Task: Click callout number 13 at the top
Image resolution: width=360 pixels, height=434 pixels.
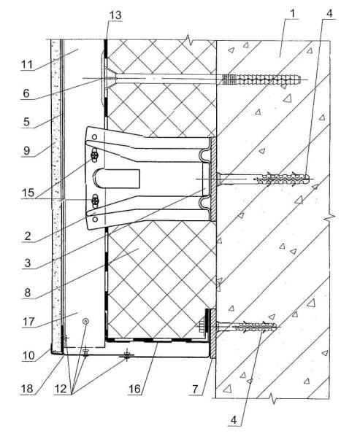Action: pyautogui.click(x=115, y=15)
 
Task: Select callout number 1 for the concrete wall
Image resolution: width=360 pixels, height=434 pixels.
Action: pyautogui.click(x=294, y=12)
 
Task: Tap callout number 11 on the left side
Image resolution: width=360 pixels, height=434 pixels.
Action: pyautogui.click(x=27, y=65)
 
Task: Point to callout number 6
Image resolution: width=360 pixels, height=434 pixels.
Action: pyautogui.click(x=26, y=93)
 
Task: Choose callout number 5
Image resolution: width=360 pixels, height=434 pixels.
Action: pyautogui.click(x=26, y=122)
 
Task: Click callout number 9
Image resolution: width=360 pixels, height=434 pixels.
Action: pyautogui.click(x=26, y=151)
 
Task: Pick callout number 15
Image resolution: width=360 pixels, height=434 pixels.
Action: pyautogui.click(x=28, y=193)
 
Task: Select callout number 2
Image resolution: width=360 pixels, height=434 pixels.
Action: pyautogui.click(x=28, y=236)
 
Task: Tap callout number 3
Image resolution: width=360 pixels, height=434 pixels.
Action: pyautogui.click(x=28, y=263)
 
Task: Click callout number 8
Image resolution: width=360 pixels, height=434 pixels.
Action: pyautogui.click(x=28, y=292)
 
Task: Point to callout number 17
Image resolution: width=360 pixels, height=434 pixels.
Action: pyautogui.click(x=28, y=322)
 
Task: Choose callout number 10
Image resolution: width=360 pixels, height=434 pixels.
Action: pyautogui.click(x=28, y=355)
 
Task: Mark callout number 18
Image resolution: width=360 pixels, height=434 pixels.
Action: pyautogui.click(x=27, y=389)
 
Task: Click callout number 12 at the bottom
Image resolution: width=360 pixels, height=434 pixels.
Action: pyautogui.click(x=60, y=389)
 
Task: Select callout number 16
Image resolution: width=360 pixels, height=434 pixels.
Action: pyautogui.click(x=134, y=389)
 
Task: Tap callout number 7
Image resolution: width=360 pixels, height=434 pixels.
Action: pyautogui.click(x=195, y=390)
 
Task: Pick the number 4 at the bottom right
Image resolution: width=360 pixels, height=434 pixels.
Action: pyautogui.click(x=234, y=420)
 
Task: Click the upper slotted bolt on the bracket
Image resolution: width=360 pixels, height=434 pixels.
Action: pyautogui.click(x=95, y=156)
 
